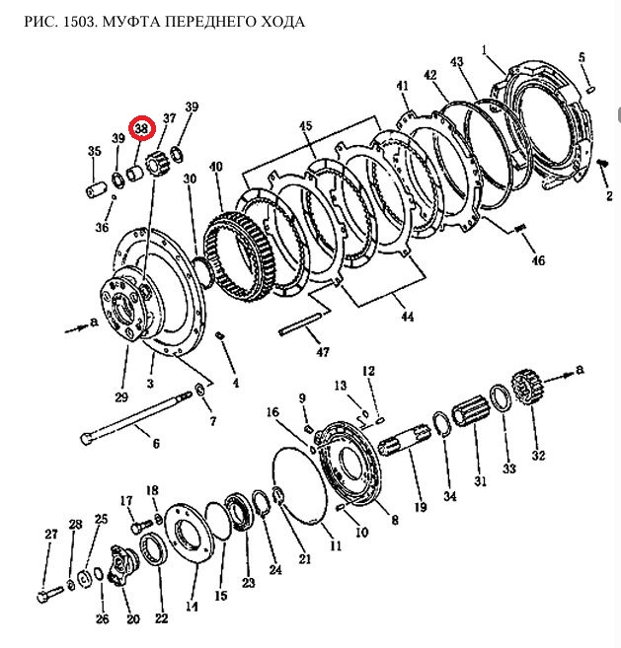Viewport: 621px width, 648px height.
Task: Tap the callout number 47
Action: (323, 352)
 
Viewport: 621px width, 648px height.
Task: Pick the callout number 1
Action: (485, 50)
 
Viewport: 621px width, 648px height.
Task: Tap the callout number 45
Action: (305, 126)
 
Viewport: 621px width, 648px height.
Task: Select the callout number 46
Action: (537, 261)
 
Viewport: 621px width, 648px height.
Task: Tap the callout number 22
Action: (160, 619)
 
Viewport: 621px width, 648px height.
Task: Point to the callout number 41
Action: (402, 86)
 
